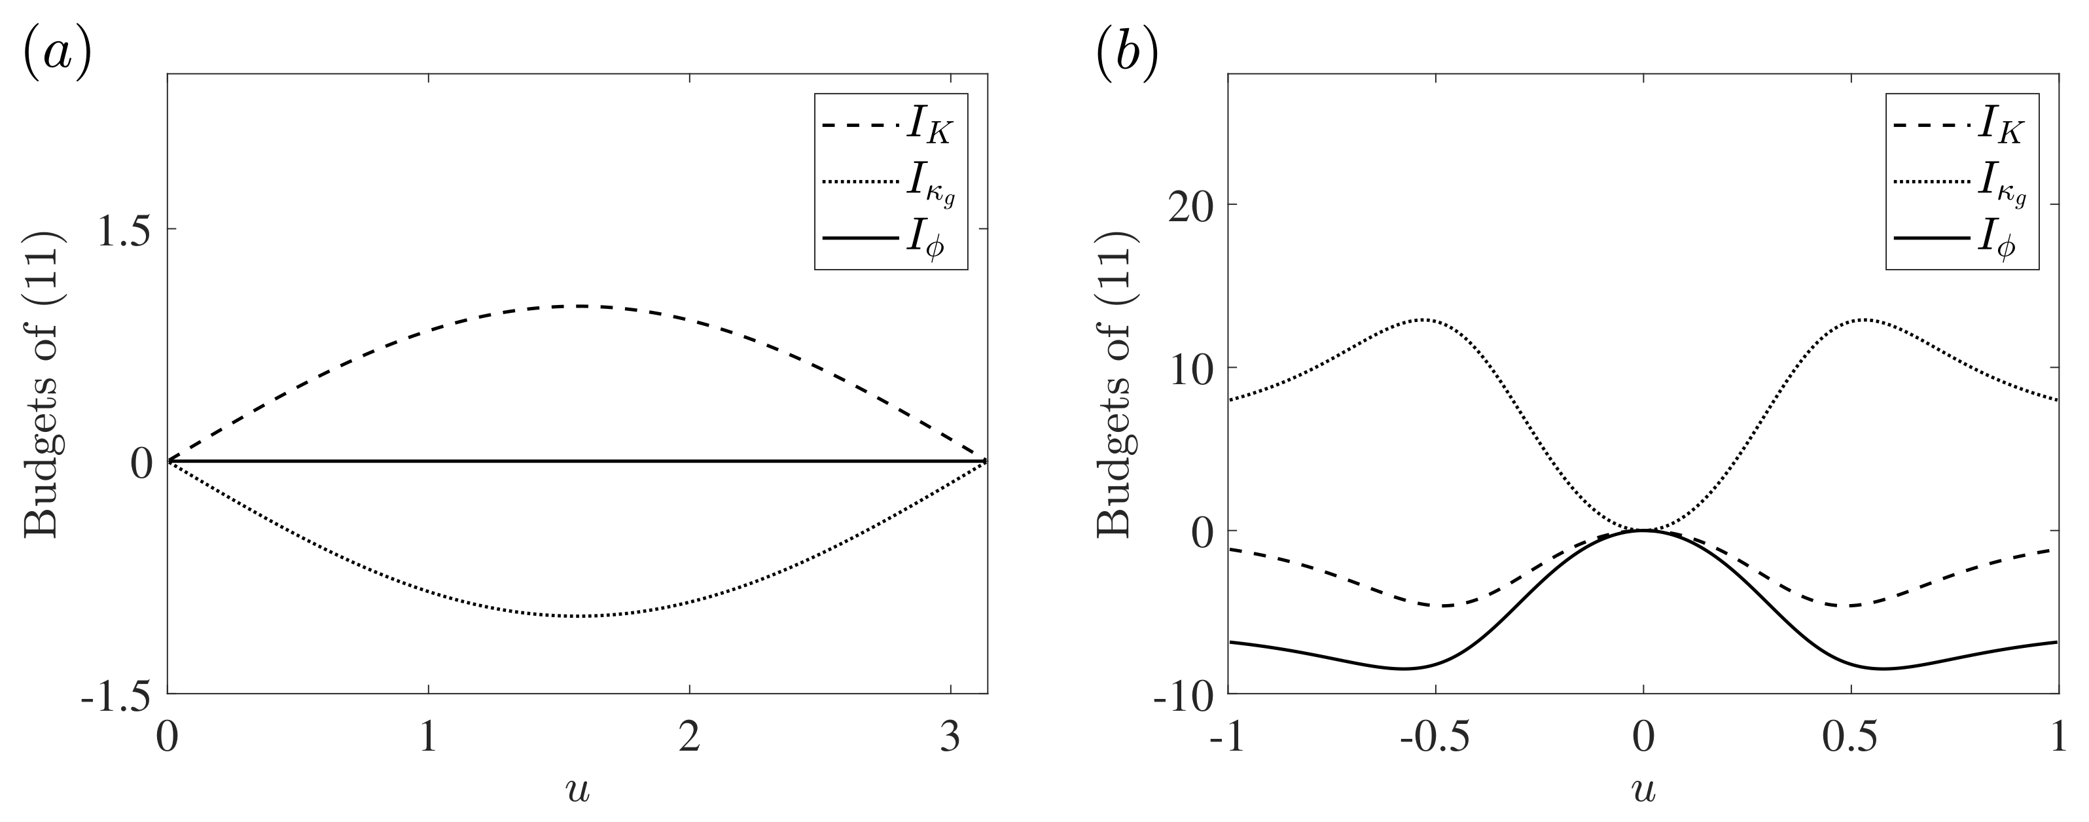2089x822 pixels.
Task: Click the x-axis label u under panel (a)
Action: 577,789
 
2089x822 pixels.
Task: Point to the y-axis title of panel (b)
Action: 1115,385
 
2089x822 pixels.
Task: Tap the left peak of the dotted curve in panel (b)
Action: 1425,319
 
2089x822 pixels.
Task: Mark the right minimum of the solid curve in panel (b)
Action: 1883,668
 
